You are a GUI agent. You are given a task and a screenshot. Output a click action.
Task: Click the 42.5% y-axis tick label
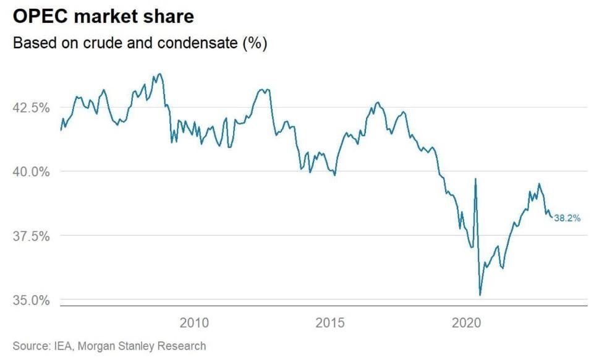tap(30, 107)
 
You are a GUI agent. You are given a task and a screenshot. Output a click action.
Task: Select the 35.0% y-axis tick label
tap(30, 301)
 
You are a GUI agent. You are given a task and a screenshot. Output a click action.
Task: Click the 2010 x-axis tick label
tap(195, 323)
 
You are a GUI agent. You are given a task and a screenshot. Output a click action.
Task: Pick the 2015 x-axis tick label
tap(330, 323)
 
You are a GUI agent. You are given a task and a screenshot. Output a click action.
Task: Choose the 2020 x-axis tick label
tap(467, 323)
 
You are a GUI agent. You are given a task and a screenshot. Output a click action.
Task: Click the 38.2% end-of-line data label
tap(567, 218)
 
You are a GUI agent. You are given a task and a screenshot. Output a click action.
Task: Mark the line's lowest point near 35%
tap(480, 295)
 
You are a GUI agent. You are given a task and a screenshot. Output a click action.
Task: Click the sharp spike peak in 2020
tap(475, 179)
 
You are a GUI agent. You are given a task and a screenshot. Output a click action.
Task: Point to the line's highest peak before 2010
tap(160, 74)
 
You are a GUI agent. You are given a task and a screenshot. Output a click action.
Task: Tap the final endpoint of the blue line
tap(552, 217)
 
